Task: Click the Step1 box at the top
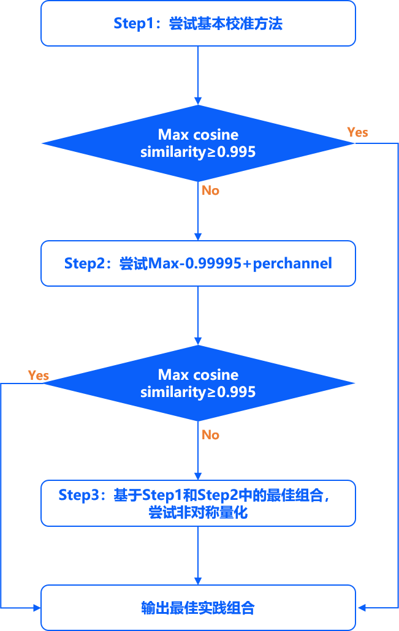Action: click(x=198, y=23)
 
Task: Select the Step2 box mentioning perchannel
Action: click(x=198, y=263)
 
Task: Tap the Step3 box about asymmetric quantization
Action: click(x=198, y=504)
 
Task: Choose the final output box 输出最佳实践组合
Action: click(x=198, y=608)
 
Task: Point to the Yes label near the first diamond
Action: click(x=357, y=132)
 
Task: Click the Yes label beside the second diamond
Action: click(x=38, y=376)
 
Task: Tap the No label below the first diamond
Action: click(x=210, y=191)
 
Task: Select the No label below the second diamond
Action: click(x=210, y=435)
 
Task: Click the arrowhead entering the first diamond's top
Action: click(x=198, y=100)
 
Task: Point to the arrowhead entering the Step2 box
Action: click(x=198, y=236)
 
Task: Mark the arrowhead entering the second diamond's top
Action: click(x=198, y=341)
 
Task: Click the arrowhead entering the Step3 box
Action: click(x=198, y=477)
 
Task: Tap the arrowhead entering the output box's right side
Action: click(x=361, y=608)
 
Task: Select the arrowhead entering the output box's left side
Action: click(x=36, y=608)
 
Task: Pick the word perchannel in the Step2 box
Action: click(x=292, y=263)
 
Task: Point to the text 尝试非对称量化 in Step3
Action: click(x=198, y=512)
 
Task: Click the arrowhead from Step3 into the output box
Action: click(x=198, y=581)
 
